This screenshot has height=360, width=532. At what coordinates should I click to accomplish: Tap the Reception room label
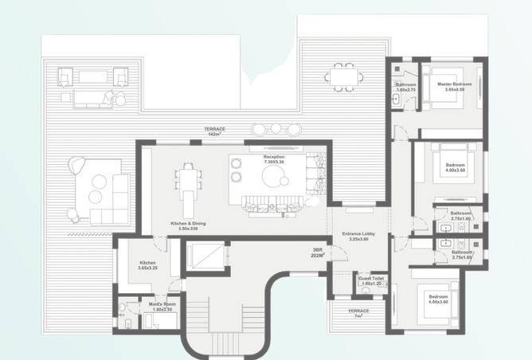pos(274,157)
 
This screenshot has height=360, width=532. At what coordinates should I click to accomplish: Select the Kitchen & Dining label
pos(188,224)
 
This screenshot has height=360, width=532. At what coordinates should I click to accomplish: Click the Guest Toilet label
pos(372,279)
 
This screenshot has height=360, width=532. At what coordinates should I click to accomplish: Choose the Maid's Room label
pos(162,303)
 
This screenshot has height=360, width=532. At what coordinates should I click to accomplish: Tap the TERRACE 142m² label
pos(214,129)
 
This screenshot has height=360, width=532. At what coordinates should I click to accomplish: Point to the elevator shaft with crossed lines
pos(207,256)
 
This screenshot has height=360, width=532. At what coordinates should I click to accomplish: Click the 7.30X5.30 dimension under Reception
pos(274,162)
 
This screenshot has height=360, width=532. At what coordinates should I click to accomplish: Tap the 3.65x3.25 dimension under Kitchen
pos(147,268)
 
